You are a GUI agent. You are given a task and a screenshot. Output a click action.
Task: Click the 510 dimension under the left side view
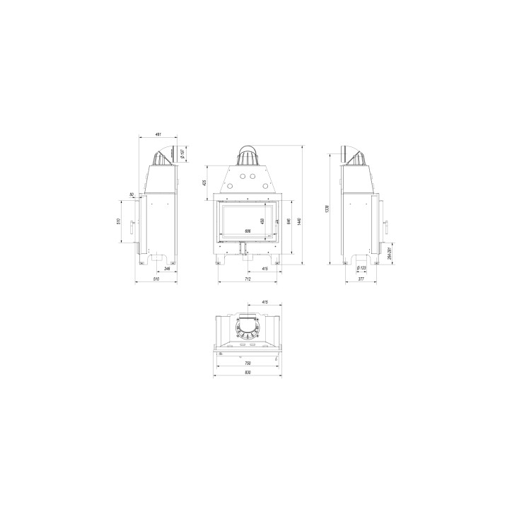point(156,279)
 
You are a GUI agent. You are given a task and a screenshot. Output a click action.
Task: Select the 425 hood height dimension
point(204,182)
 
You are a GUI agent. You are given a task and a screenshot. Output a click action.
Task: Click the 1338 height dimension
point(327,209)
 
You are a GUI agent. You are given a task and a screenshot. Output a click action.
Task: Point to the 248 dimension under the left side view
point(167,269)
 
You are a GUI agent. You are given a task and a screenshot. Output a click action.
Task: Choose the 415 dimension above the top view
point(264,302)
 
